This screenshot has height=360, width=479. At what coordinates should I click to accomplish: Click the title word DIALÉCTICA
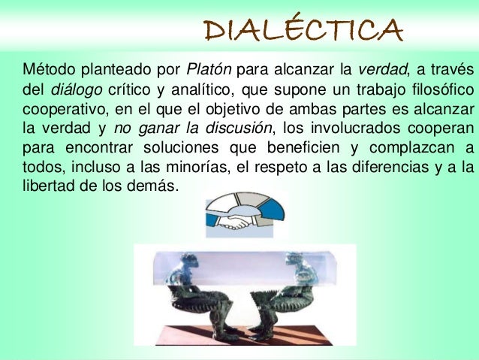pos(304,30)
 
